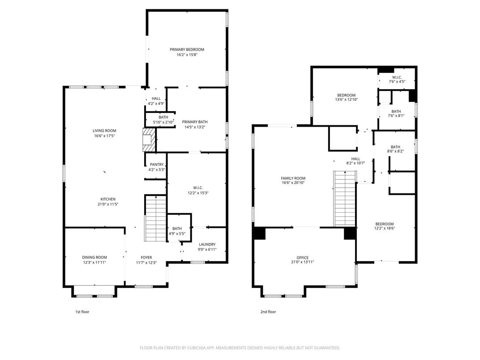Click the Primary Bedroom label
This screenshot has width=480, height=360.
[x=187, y=49]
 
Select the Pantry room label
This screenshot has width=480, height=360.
[x=156, y=164]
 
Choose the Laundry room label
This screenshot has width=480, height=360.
[x=207, y=244]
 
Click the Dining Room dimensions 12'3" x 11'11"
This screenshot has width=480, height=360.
[x=94, y=263]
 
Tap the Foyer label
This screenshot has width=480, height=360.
[x=146, y=257]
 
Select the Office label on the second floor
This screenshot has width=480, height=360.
[x=302, y=257]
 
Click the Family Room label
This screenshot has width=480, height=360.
[x=293, y=178]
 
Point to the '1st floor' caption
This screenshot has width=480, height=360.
[x=82, y=312]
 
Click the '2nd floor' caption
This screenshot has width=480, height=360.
[x=268, y=312]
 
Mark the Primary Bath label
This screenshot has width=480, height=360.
[x=194, y=122]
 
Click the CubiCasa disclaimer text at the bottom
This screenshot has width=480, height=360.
[x=240, y=347]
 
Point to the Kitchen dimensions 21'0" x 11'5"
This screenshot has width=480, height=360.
[x=108, y=204]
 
